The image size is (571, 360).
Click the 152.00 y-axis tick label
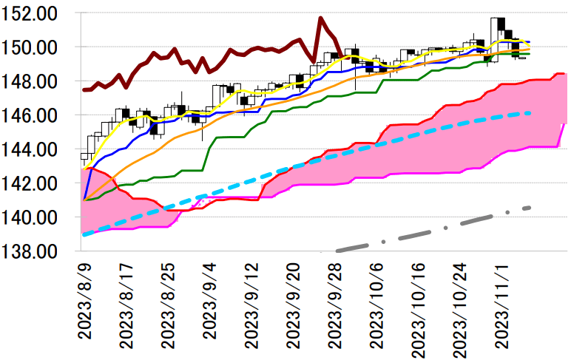click(x=34, y=13)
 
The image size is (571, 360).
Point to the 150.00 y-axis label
click(x=34, y=47)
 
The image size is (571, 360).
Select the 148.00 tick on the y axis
click(x=34, y=81)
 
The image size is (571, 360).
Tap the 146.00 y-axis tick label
click(x=34, y=115)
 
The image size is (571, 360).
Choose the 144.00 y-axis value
click(x=34, y=149)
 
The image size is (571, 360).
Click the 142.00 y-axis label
click(x=34, y=183)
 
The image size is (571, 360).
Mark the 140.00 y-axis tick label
click(x=34, y=217)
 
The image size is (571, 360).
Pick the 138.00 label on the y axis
click(x=34, y=251)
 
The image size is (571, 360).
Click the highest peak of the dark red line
click(x=320, y=18)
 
